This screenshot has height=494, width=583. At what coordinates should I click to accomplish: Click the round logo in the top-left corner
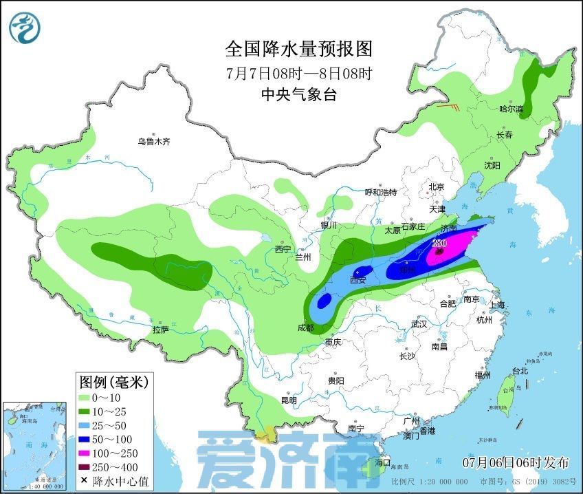pyautogui.click(x=25, y=27)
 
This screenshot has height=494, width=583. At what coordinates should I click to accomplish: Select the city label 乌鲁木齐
pyautogui.click(x=153, y=142)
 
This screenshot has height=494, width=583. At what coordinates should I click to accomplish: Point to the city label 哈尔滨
pyautogui.click(x=511, y=109)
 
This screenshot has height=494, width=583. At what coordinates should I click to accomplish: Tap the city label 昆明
pyautogui.click(x=289, y=400)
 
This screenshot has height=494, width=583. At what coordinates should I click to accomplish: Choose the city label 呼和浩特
pyautogui.click(x=380, y=192)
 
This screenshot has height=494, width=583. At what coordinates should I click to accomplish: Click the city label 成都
pyautogui.click(x=305, y=328)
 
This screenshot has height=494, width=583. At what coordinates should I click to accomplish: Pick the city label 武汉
pyautogui.click(x=419, y=323)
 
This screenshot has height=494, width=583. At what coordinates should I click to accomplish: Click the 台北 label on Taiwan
pyautogui.click(x=520, y=371)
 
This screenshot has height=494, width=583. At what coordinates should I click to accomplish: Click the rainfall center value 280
pyautogui.click(x=439, y=243)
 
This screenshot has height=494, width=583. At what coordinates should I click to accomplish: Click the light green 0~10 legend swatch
pyautogui.click(x=87, y=397)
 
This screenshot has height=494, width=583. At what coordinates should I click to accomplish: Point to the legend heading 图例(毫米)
pyautogui.click(x=113, y=380)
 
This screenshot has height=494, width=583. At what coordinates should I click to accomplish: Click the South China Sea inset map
pyautogui.click(x=36, y=445)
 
